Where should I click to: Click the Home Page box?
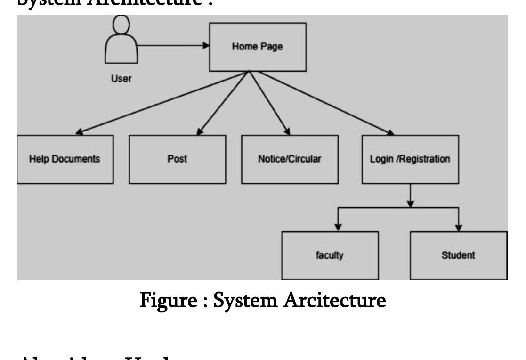pyautogui.click(x=257, y=47)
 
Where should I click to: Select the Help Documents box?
pyautogui.click(x=65, y=159)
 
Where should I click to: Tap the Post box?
pyautogui.click(x=177, y=159)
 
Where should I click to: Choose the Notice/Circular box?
pyautogui.click(x=290, y=159)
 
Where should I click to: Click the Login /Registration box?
pyautogui.click(x=410, y=159)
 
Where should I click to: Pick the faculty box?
pyautogui.click(x=330, y=256)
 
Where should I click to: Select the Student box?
pyautogui.click(x=458, y=256)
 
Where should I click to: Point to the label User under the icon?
pyautogui.click(x=121, y=79)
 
